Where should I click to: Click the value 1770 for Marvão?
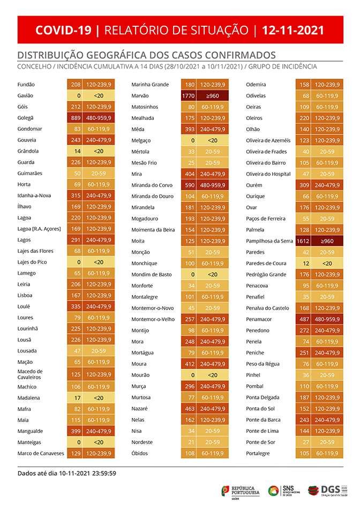tap(189, 96)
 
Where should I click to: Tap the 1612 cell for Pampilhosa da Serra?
tap(303, 241)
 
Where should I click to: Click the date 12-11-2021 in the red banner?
tap(293, 30)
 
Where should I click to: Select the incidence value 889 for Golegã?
tap(76, 118)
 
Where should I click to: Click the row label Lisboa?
tap(25, 295)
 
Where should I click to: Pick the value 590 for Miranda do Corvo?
tap(190, 185)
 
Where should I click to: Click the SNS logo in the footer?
tap(284, 490)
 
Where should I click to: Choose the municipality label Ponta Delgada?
tap(263, 398)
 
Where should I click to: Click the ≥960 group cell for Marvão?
tap(213, 96)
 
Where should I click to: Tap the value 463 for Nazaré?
tap(190, 408)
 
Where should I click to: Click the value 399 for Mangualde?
tap(76, 431)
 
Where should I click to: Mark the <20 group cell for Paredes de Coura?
tap(327, 264)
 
